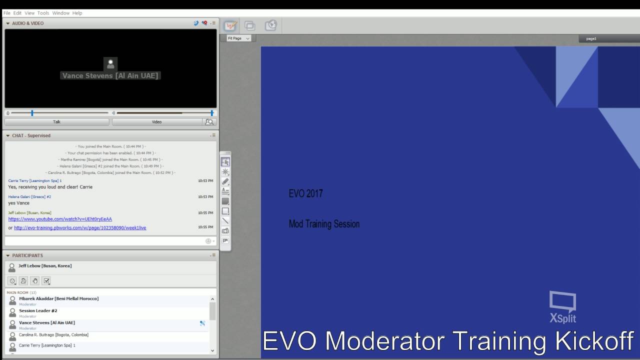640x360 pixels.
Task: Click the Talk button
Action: click(x=56, y=121)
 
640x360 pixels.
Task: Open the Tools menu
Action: click(x=43, y=13)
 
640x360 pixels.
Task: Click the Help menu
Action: click(x=77, y=13)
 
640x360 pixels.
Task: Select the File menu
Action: click(x=6, y=13)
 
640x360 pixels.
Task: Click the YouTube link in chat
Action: click(x=60, y=219)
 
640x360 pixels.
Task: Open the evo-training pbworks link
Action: click(x=80, y=227)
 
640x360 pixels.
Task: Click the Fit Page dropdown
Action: click(x=238, y=38)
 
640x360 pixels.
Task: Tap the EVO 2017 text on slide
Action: click(x=305, y=193)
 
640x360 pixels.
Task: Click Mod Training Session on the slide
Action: click(x=324, y=224)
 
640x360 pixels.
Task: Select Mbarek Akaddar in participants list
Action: click(x=58, y=298)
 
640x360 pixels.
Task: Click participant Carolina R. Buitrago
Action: click(x=53, y=334)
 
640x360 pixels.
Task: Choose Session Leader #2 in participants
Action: click(x=38, y=310)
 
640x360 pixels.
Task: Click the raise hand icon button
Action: click(x=35, y=281)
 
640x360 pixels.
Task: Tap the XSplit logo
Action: click(x=562, y=307)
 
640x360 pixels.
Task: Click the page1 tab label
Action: click(x=591, y=38)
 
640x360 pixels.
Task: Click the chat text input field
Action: click(x=105, y=241)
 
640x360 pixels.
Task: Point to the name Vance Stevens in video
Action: click(x=110, y=75)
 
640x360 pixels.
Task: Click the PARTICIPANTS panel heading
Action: click(x=27, y=255)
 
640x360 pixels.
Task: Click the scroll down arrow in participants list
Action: click(x=212, y=350)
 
